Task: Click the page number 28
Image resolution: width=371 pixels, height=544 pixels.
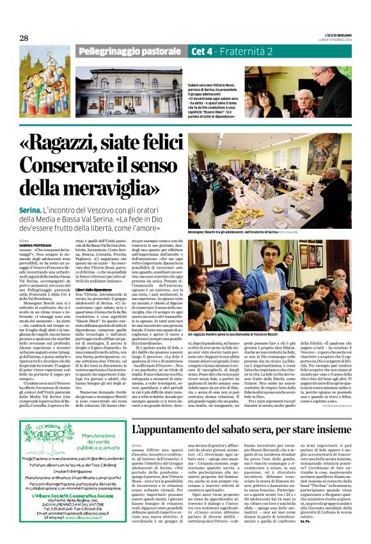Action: coord(24,38)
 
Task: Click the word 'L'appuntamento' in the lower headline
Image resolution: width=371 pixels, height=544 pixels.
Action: coord(178,427)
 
